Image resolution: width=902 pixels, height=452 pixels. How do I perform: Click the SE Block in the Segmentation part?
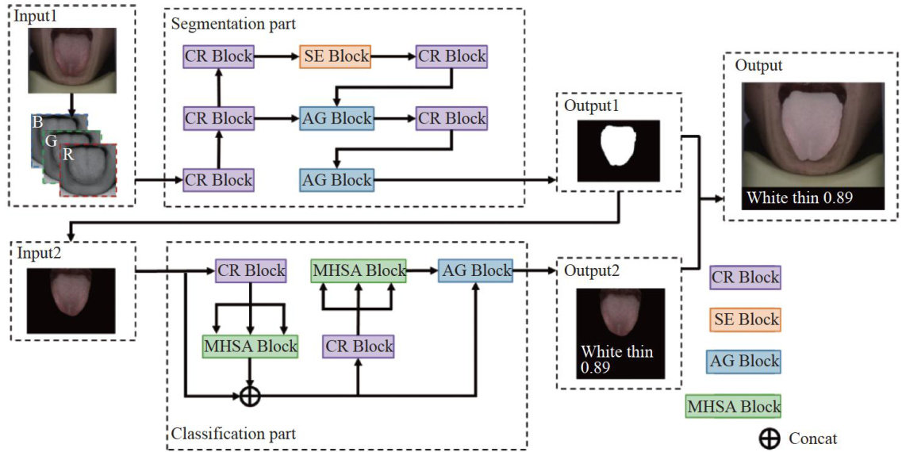click(x=336, y=57)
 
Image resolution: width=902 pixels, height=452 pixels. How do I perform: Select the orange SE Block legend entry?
click(x=745, y=319)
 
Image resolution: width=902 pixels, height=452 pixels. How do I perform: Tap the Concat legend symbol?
click(x=769, y=439)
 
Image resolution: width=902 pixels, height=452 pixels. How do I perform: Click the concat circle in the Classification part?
click(x=250, y=394)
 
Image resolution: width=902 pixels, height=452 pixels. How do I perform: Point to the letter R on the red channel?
click(x=69, y=155)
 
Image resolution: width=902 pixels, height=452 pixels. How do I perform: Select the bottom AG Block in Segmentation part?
click(x=336, y=180)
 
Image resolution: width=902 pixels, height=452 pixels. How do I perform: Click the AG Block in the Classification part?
click(x=475, y=270)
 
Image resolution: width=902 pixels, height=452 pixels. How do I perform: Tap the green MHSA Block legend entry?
click(x=733, y=406)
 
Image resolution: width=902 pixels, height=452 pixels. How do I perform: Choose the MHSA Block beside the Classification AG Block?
click(x=359, y=270)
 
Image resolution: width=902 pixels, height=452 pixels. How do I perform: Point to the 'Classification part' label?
click(x=233, y=433)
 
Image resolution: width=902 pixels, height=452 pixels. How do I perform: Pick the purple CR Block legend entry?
click(x=745, y=278)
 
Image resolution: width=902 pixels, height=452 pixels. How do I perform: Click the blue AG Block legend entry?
click(x=745, y=361)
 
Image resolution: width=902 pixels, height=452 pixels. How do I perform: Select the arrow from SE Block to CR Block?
click(x=394, y=57)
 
